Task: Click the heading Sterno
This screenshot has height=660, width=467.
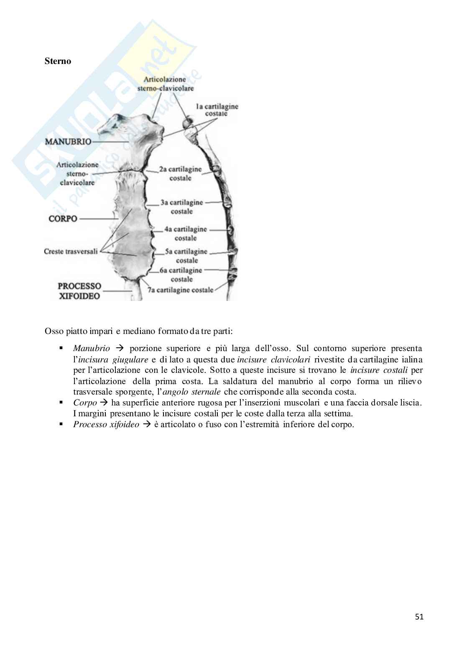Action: click(58, 61)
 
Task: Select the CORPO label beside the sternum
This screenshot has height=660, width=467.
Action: click(63, 219)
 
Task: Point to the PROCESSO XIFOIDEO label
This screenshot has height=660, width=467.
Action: click(79, 291)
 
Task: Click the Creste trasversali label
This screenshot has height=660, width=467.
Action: click(71, 251)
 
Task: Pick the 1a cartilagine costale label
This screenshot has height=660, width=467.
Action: click(217, 110)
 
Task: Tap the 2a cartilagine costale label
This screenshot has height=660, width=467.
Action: click(180, 174)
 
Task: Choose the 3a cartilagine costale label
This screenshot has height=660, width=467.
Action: click(181, 207)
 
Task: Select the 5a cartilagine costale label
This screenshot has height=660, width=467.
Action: click(186, 256)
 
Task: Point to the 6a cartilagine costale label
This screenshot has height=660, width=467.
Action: click(181, 275)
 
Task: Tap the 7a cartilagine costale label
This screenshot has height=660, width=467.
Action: click(180, 290)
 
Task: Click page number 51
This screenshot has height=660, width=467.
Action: click(419, 617)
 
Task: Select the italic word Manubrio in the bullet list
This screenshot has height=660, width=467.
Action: click(92, 349)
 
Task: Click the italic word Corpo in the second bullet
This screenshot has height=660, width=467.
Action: click(85, 403)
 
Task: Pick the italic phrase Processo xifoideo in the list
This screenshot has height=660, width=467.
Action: click(106, 425)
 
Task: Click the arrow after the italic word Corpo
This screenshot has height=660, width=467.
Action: click(104, 403)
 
